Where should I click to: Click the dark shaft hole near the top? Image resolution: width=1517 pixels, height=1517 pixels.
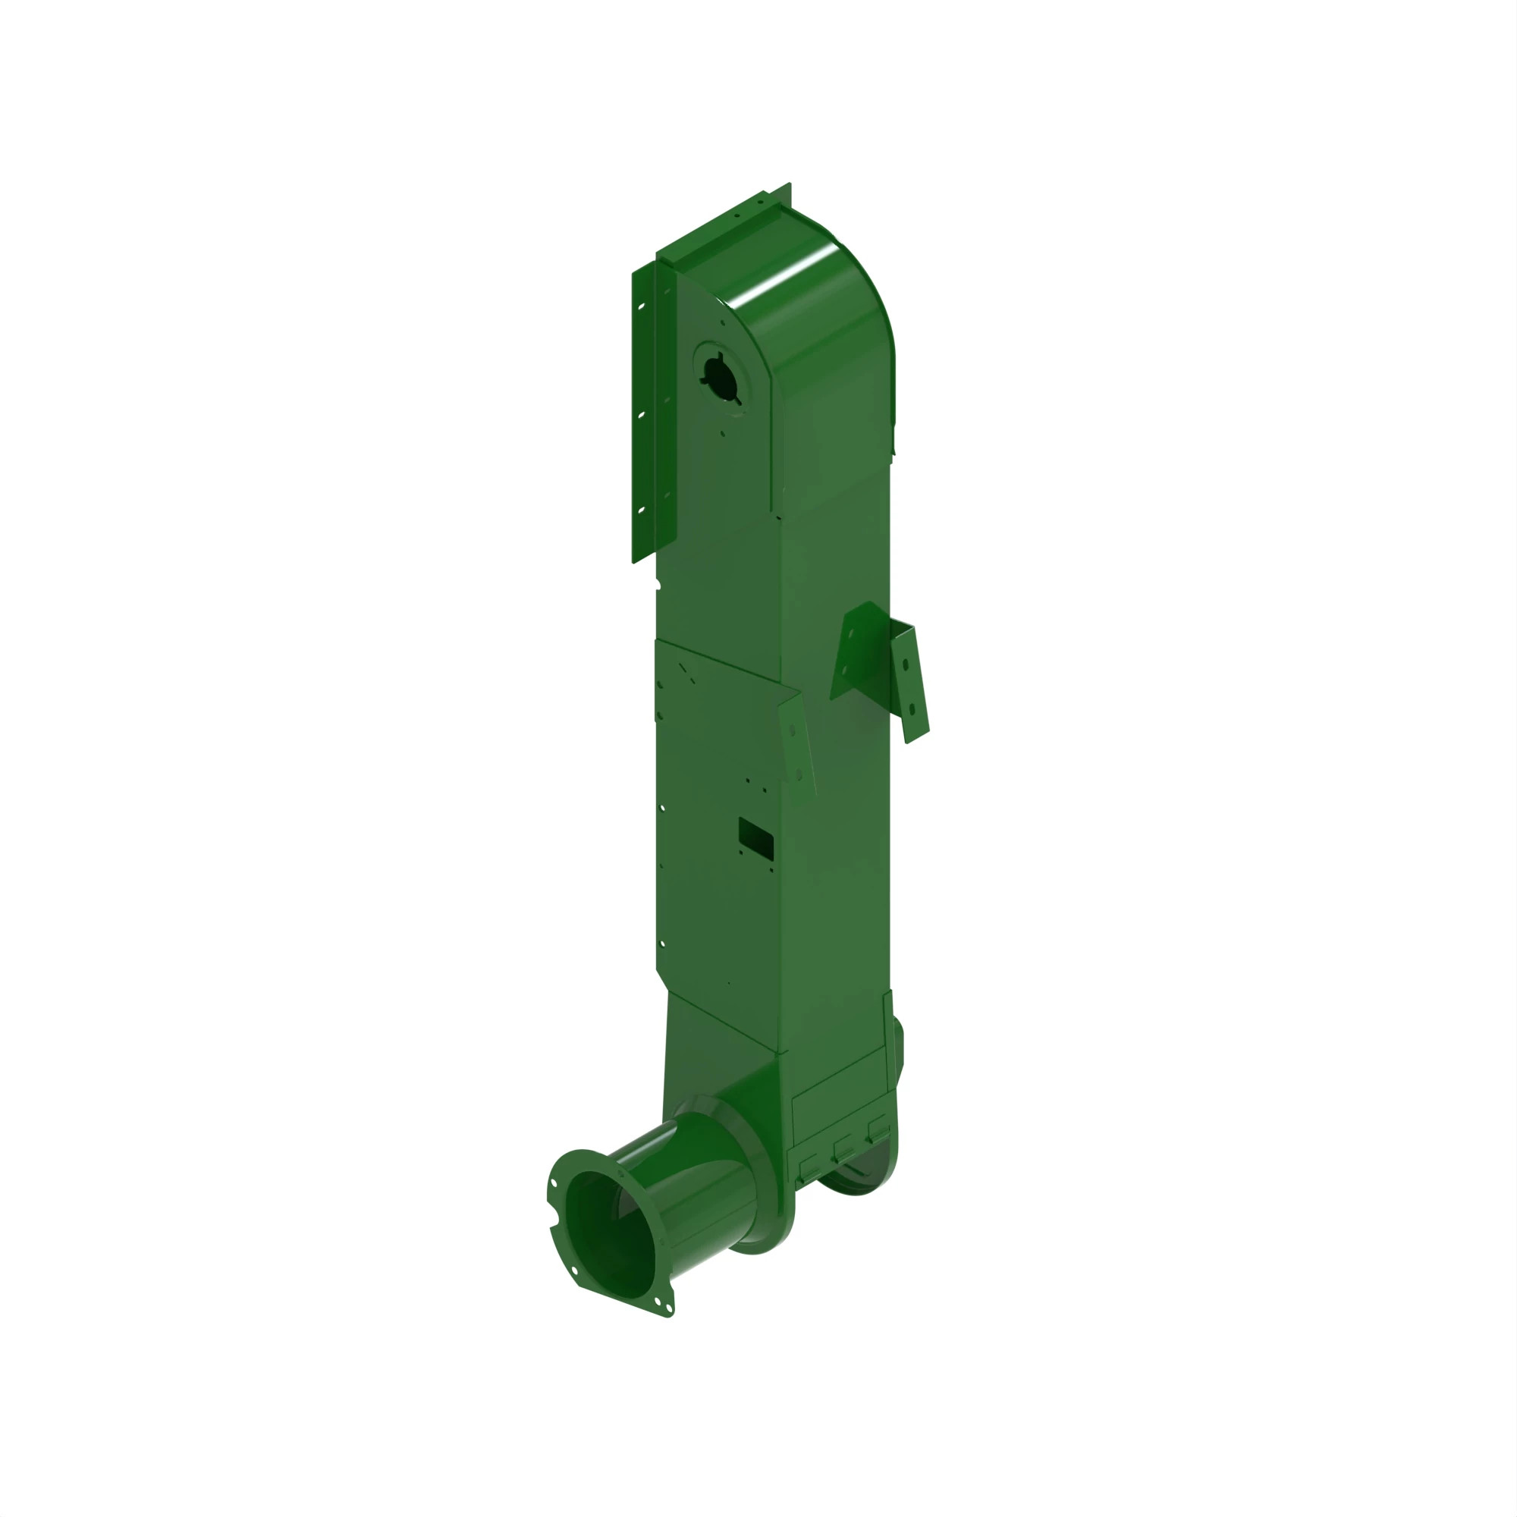(716, 376)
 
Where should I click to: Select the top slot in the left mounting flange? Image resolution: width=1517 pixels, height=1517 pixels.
(642, 306)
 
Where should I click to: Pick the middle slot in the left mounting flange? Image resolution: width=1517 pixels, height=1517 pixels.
(642, 414)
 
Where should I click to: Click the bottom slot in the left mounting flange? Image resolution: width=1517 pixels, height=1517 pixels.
(642, 510)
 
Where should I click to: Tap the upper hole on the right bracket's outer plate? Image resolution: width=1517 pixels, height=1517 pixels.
(906, 665)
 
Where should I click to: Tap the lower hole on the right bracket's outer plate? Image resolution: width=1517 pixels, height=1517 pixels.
(912, 709)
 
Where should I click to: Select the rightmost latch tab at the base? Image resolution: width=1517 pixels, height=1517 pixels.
(877, 1128)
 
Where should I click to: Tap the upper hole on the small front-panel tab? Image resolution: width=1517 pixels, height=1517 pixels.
(793, 732)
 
